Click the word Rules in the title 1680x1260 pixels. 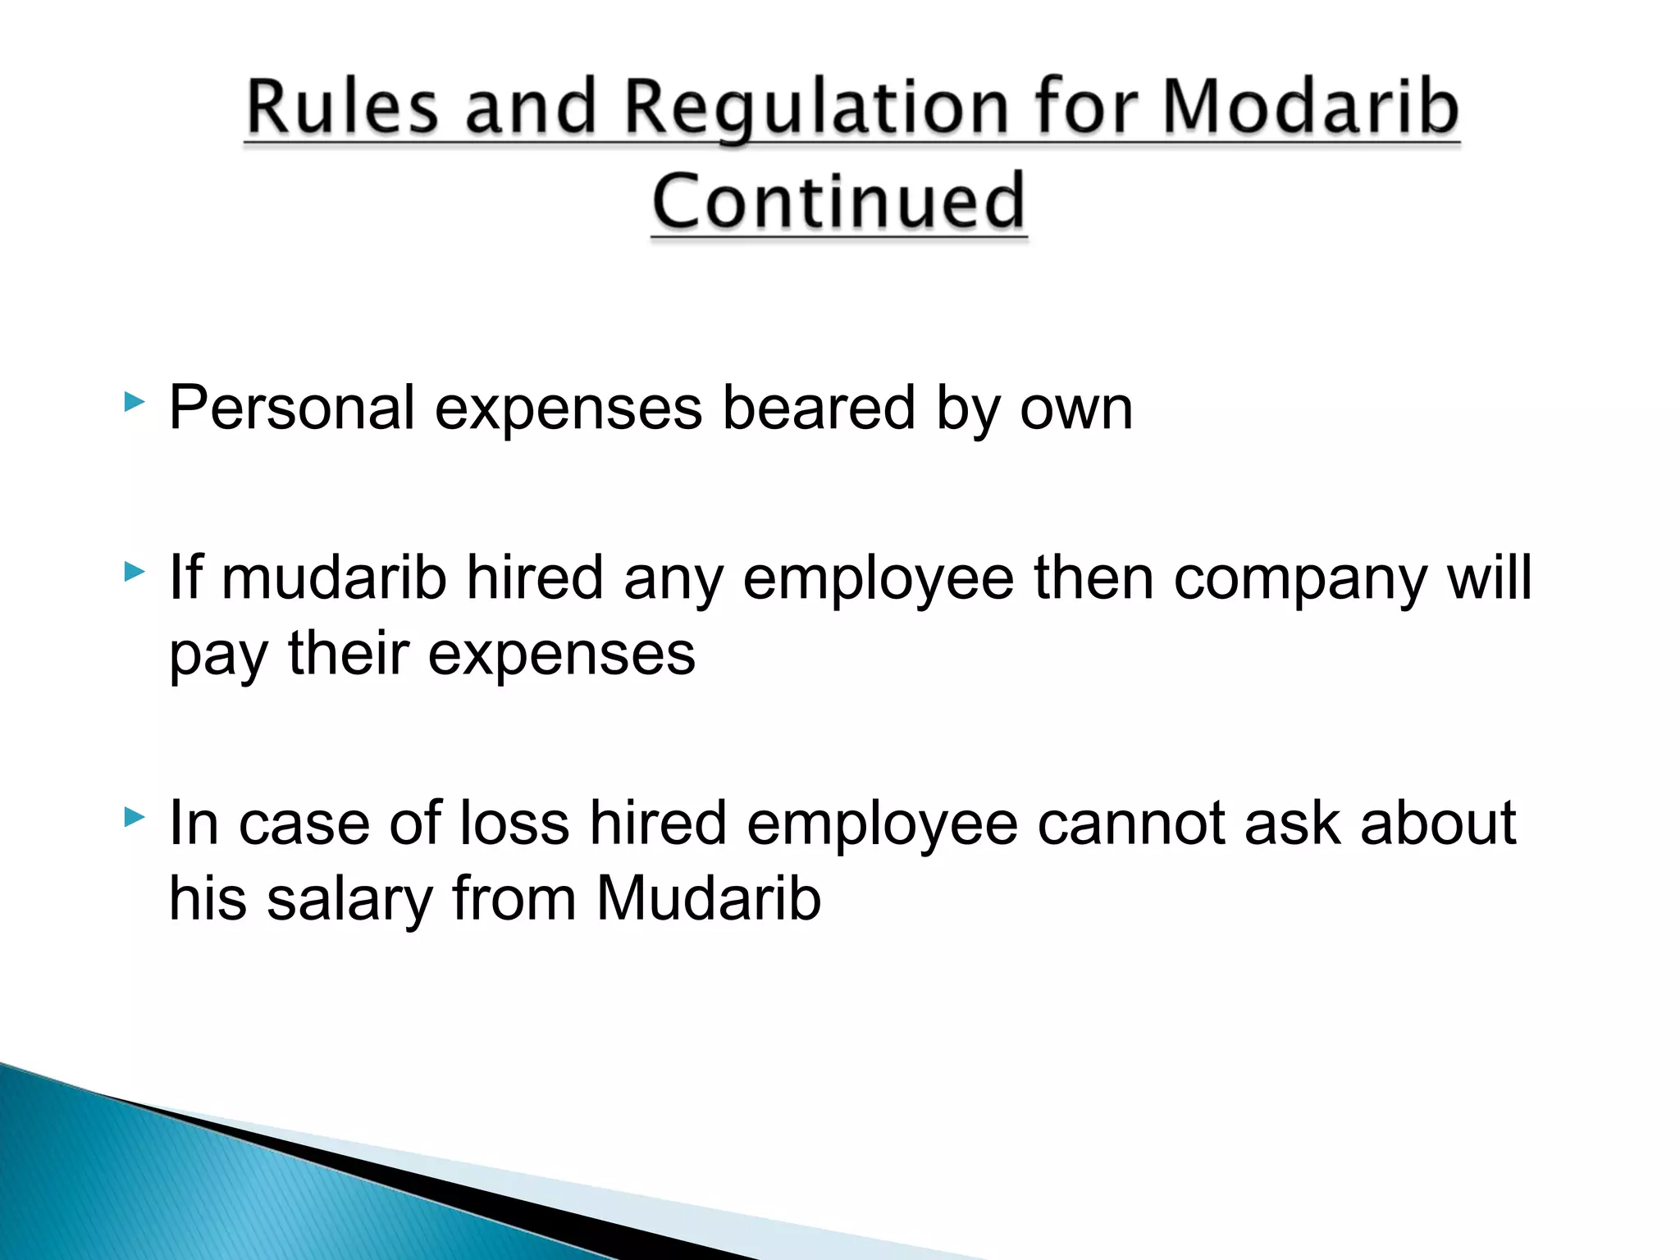tap(342, 107)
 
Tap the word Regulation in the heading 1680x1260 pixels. tap(816, 108)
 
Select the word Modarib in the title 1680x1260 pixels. tap(1310, 107)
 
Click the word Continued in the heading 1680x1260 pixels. tap(838, 201)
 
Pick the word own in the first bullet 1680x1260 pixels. tap(1075, 409)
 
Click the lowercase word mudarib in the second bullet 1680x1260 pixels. tap(334, 577)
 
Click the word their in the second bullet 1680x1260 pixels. tap(349, 654)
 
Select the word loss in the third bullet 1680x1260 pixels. tap(514, 823)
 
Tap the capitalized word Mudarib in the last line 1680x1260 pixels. tap(708, 898)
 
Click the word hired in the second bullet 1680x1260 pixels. tap(535, 577)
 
